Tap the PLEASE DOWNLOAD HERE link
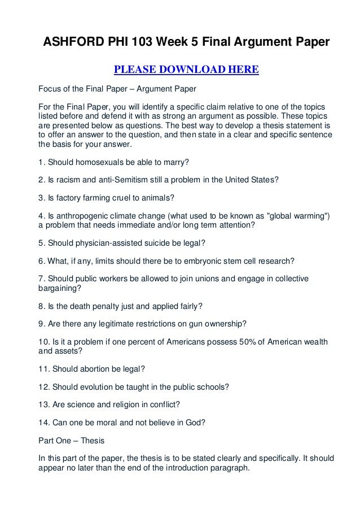pyautogui.click(x=186, y=70)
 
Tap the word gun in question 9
pyautogui.click(x=200, y=324)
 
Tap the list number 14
pyautogui.click(x=42, y=421)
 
